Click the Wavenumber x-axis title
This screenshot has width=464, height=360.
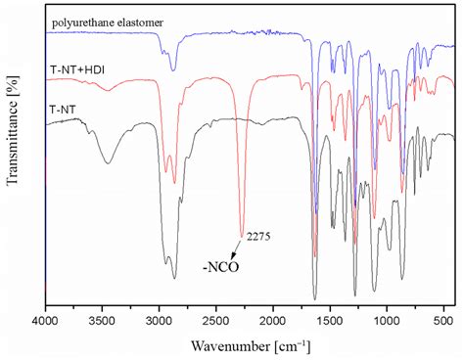tap(245, 343)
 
